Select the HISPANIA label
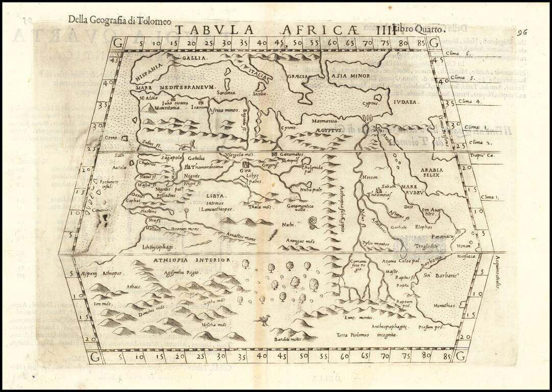point(149,73)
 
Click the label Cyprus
point(371,104)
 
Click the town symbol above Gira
point(246,164)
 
